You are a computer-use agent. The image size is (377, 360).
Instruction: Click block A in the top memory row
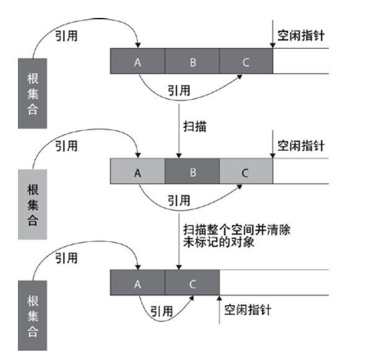(137, 61)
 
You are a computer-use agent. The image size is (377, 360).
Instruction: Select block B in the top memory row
(192, 61)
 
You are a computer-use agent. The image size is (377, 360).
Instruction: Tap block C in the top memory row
(245, 61)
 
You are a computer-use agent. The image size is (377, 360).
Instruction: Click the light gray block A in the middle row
(137, 172)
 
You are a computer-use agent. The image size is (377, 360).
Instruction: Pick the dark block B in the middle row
(192, 172)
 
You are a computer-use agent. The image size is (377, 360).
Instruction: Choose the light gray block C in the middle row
(245, 172)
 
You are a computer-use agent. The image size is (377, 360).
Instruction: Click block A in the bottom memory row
(137, 283)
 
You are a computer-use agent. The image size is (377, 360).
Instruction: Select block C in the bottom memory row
(192, 283)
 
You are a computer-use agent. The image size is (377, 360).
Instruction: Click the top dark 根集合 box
(32, 94)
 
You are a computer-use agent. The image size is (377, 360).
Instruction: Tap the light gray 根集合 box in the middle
(32, 204)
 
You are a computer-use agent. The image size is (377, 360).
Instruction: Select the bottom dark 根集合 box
(32, 316)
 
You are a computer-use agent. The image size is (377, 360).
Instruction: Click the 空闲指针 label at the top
(301, 36)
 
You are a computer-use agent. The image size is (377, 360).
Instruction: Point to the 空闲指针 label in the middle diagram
(301, 146)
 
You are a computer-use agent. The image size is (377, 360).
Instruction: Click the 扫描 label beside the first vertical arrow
(195, 127)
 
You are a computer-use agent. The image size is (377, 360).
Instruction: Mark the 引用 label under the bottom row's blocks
(161, 311)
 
